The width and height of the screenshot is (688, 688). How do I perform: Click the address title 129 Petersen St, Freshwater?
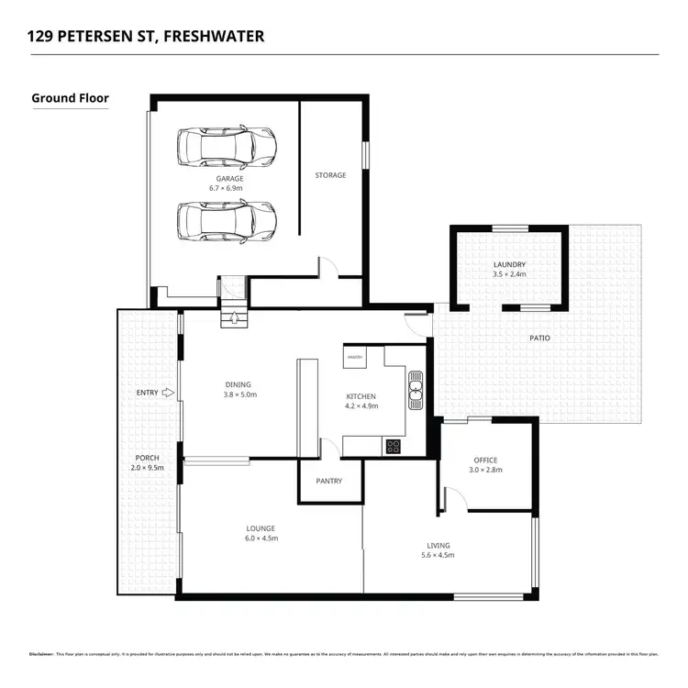coord(147,37)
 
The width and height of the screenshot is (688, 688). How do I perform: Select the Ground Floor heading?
coord(70,97)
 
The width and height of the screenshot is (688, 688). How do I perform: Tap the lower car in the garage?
coord(227,219)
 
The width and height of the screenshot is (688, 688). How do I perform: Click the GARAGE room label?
coord(228,178)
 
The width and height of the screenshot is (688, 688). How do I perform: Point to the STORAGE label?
coord(330,175)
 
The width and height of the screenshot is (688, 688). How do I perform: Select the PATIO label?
coord(539,338)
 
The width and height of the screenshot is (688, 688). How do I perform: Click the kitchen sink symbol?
coord(416,388)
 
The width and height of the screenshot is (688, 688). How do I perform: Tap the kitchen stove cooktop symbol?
coord(393,447)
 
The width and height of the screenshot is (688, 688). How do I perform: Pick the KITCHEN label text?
coord(361,396)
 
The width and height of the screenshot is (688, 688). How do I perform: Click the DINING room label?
coord(239,385)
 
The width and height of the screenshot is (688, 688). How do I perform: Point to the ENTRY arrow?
coord(168,393)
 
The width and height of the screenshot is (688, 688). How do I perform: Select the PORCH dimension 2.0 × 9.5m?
coord(148,468)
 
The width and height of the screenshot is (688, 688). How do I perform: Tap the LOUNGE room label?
coord(261,528)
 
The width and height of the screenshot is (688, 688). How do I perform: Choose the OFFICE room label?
coord(485,461)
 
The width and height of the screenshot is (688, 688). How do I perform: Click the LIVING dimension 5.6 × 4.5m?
coord(437,556)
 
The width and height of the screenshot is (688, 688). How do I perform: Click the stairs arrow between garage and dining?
coord(235,319)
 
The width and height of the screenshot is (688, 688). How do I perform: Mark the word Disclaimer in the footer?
coord(41,654)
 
